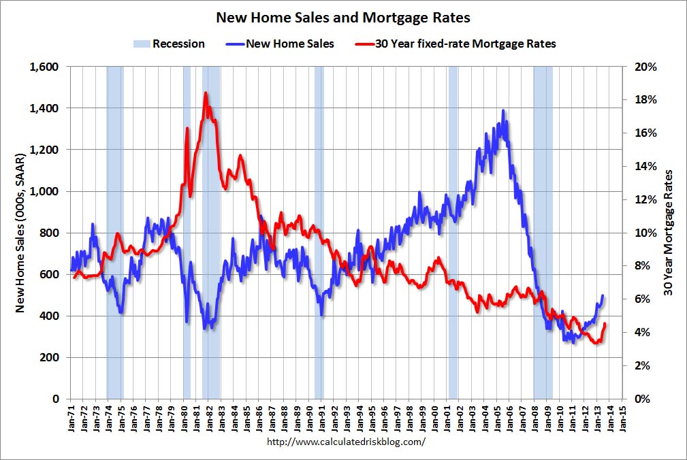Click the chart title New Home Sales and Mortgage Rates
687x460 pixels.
click(x=343, y=17)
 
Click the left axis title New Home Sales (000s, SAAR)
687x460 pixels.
click(x=20, y=232)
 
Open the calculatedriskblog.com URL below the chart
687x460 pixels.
click(x=347, y=441)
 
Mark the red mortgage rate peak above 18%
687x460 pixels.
click(x=205, y=93)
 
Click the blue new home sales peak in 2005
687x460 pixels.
click(x=503, y=110)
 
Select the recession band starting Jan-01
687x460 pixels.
click(x=453, y=232)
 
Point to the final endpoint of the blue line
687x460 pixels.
click(x=602, y=295)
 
